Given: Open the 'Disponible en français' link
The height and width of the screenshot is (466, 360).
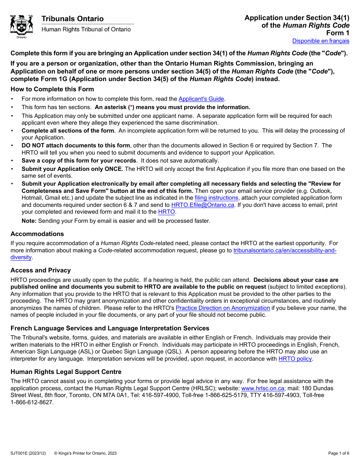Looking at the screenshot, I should pyautogui.click(x=321, y=41).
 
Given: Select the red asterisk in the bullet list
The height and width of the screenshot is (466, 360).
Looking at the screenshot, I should pyautogui.click(x=131, y=107).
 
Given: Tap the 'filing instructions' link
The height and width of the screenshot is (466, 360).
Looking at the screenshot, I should pyautogui.click(x=216, y=198).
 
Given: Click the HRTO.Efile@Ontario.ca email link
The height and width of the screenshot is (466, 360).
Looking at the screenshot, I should pyautogui.click(x=203, y=205).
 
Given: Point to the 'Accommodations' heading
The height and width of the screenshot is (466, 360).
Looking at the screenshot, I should pyautogui.click(x=37, y=234).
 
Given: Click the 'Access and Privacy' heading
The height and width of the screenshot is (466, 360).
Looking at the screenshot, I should pyautogui.click(x=41, y=270).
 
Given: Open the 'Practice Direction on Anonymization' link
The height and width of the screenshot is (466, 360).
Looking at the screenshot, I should pyautogui.click(x=223, y=308).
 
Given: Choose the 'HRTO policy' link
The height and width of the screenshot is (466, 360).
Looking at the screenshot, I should pyautogui.click(x=295, y=359).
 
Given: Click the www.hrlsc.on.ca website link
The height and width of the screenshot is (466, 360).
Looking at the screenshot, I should pyautogui.click(x=263, y=388).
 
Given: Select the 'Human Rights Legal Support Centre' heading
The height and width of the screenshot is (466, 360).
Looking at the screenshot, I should pyautogui.click(x=66, y=372).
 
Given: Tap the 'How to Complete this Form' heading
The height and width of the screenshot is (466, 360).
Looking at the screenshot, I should pyautogui.click(x=52, y=89).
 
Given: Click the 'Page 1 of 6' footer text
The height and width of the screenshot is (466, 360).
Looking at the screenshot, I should pyautogui.click(x=338, y=453).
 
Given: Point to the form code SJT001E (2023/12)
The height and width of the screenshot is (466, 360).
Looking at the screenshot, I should pyautogui.click(x=28, y=453).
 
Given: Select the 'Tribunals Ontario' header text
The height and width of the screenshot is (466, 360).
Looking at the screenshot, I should pyautogui.click(x=72, y=19).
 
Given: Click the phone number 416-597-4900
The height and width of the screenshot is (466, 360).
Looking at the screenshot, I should pyautogui.click(x=183, y=395).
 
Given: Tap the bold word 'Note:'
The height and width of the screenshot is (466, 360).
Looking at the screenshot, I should pyautogui.click(x=29, y=221).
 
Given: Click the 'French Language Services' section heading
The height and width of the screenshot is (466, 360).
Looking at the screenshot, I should pyautogui.click(x=110, y=328).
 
